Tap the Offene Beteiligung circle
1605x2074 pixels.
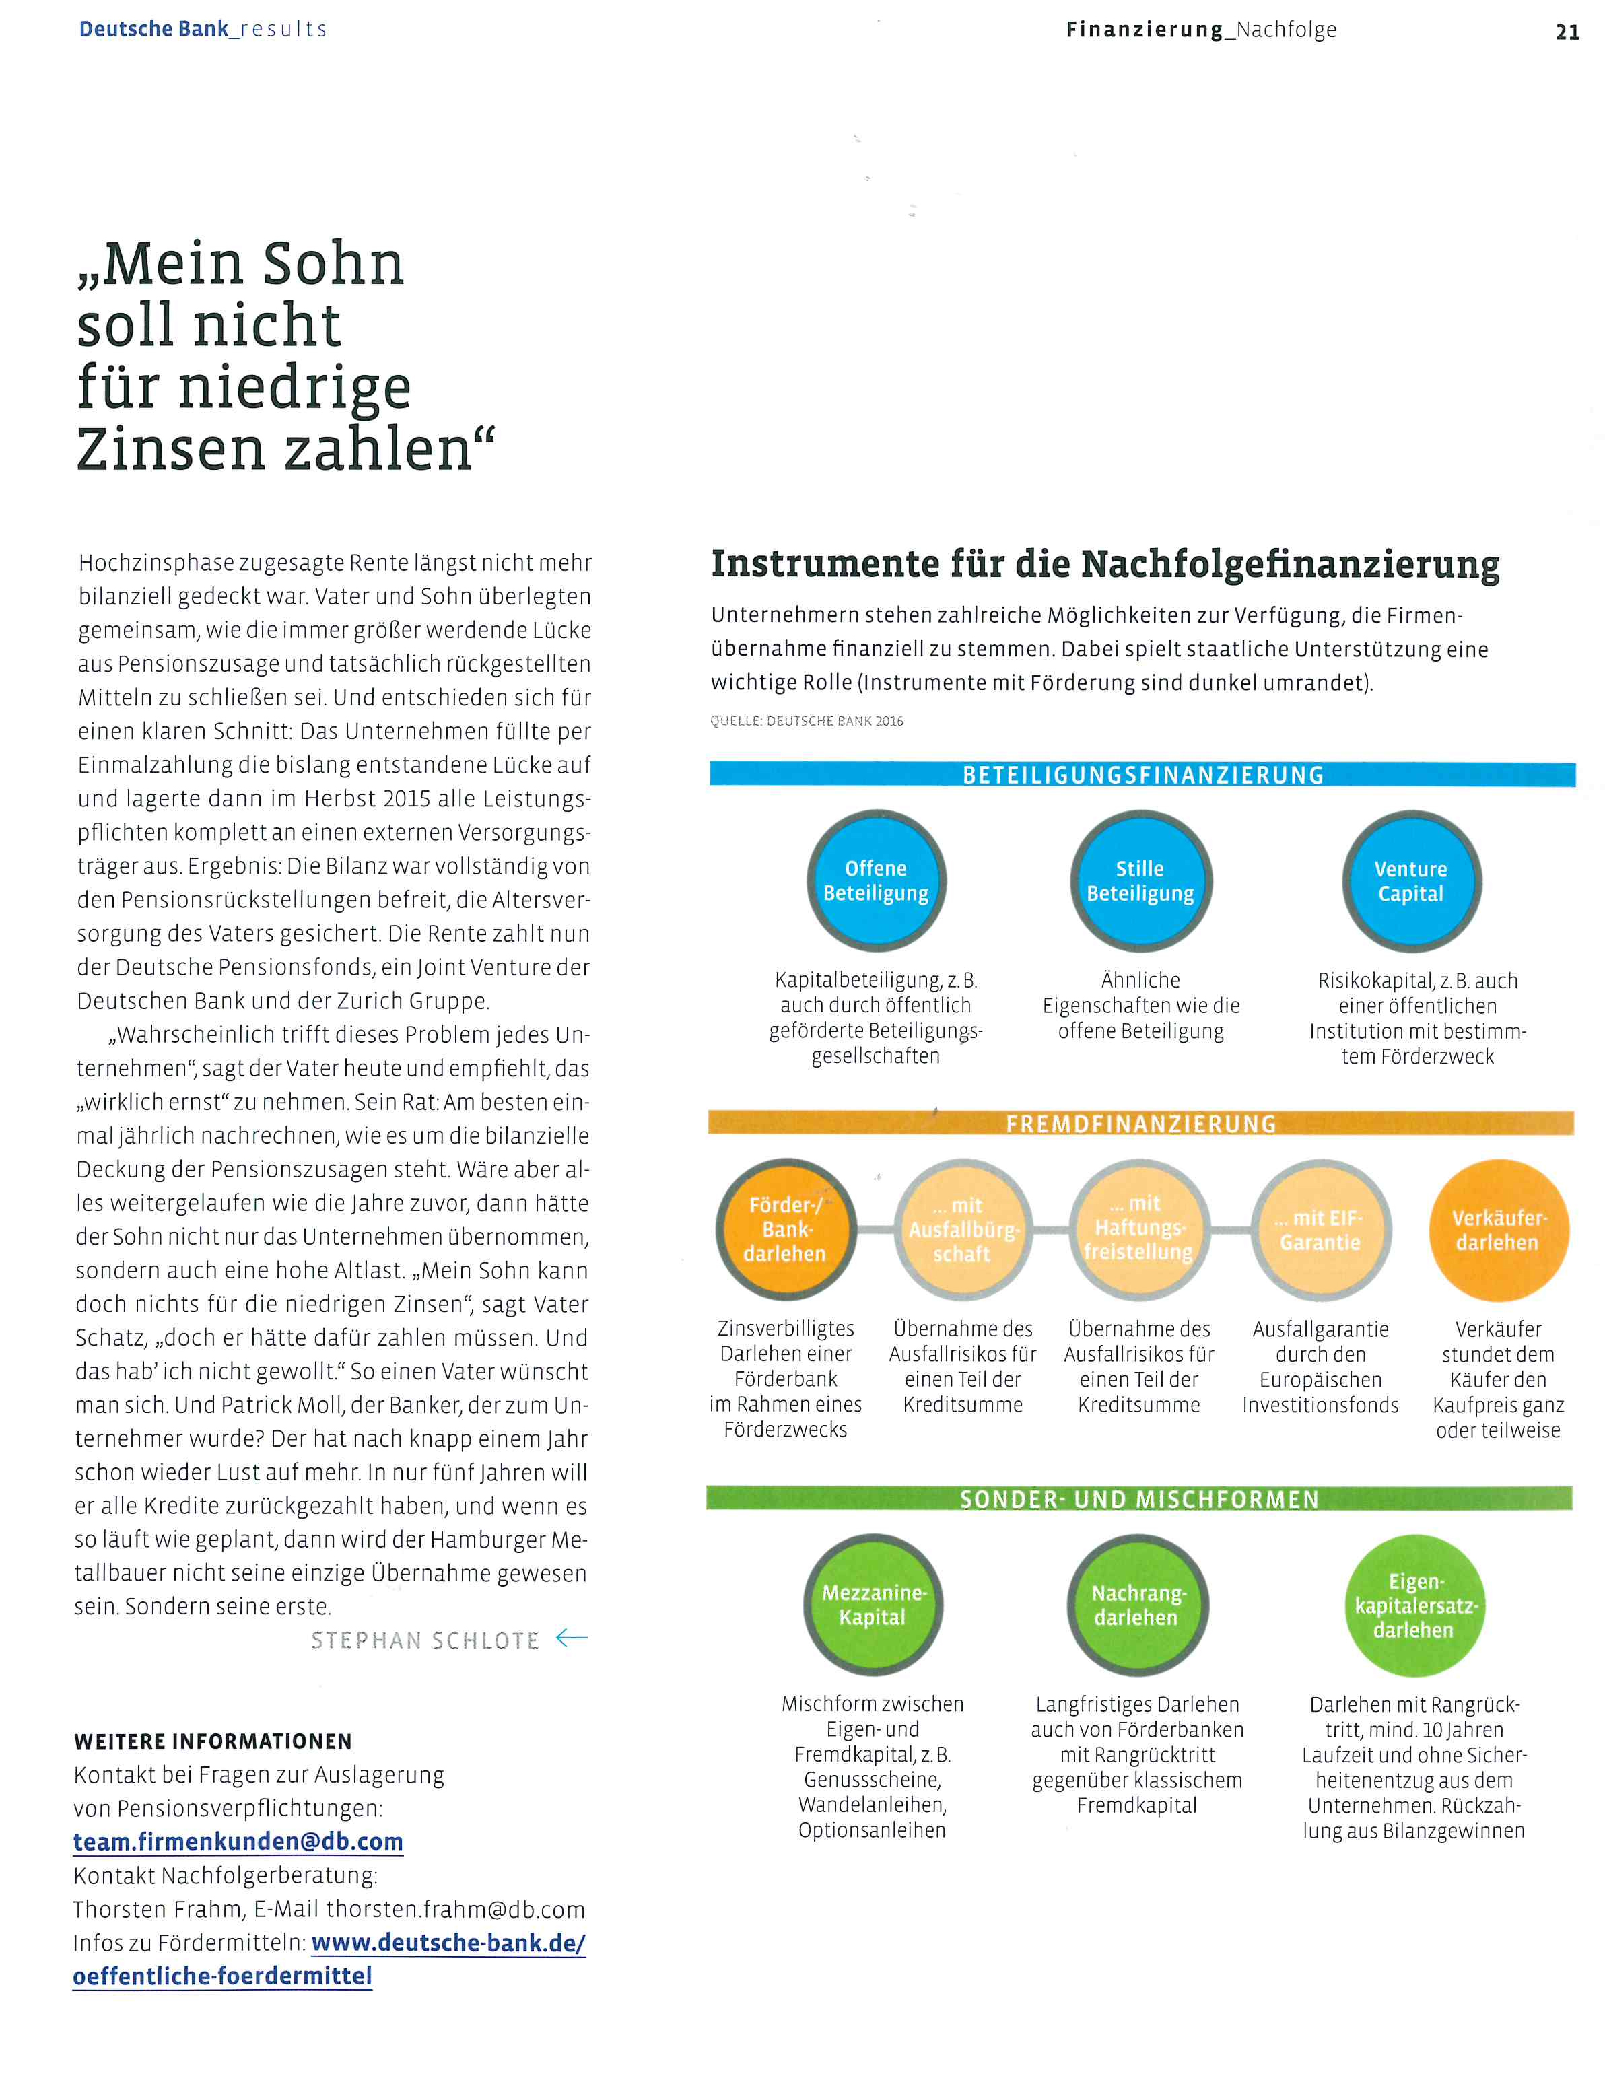coord(876,880)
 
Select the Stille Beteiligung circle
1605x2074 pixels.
coord(1140,880)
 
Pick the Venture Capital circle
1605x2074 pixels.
coord(1411,880)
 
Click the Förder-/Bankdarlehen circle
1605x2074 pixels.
coord(786,1229)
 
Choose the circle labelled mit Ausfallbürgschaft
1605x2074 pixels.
coord(963,1229)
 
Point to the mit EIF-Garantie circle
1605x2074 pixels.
coord(1320,1229)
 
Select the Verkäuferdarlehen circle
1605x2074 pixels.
coord(1498,1229)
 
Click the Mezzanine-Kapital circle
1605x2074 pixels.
coord(873,1605)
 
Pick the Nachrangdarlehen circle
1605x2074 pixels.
coord(1137,1605)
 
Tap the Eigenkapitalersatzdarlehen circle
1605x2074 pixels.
coord(1414,1605)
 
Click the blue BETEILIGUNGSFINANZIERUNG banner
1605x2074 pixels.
coord(1142,775)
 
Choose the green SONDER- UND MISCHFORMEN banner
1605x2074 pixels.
coord(1138,1498)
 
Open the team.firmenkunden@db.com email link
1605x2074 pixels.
coord(238,1841)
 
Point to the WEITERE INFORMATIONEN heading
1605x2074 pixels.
coord(213,1741)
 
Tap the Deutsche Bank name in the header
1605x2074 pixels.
coord(153,28)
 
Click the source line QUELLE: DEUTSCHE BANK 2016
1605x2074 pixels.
coord(807,721)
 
